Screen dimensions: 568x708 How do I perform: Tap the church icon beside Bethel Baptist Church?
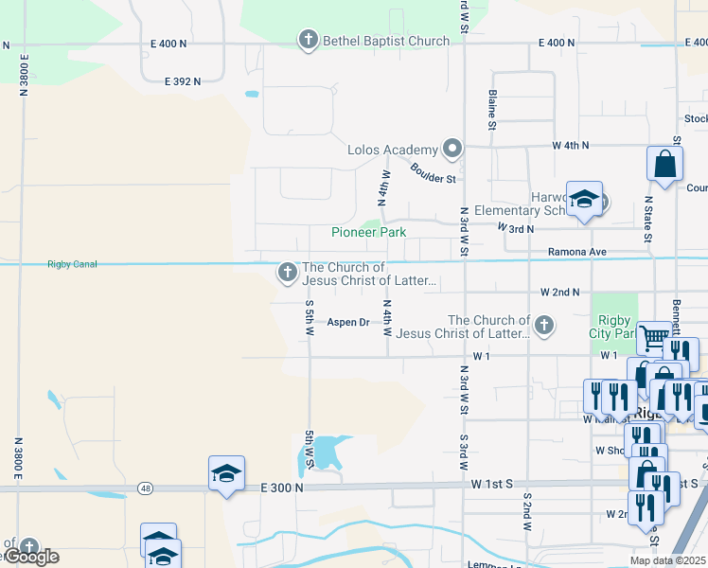[x=308, y=40]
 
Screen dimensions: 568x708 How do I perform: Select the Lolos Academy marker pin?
[x=452, y=149]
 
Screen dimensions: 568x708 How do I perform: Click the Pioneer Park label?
[x=368, y=232]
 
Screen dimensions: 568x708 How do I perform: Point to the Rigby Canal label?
[x=72, y=264]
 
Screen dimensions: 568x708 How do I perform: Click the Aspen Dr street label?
[x=348, y=322]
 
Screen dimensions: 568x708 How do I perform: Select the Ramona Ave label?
[x=576, y=252]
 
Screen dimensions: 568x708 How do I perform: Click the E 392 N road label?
[x=183, y=81]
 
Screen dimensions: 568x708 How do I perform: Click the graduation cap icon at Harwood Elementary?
[x=584, y=199]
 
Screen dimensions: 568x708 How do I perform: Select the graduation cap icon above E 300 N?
[x=226, y=472]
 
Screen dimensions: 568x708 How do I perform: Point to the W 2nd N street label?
[x=559, y=293]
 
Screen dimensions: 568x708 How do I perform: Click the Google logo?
[x=31, y=557]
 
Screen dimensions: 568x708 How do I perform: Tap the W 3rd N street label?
[x=515, y=228]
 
